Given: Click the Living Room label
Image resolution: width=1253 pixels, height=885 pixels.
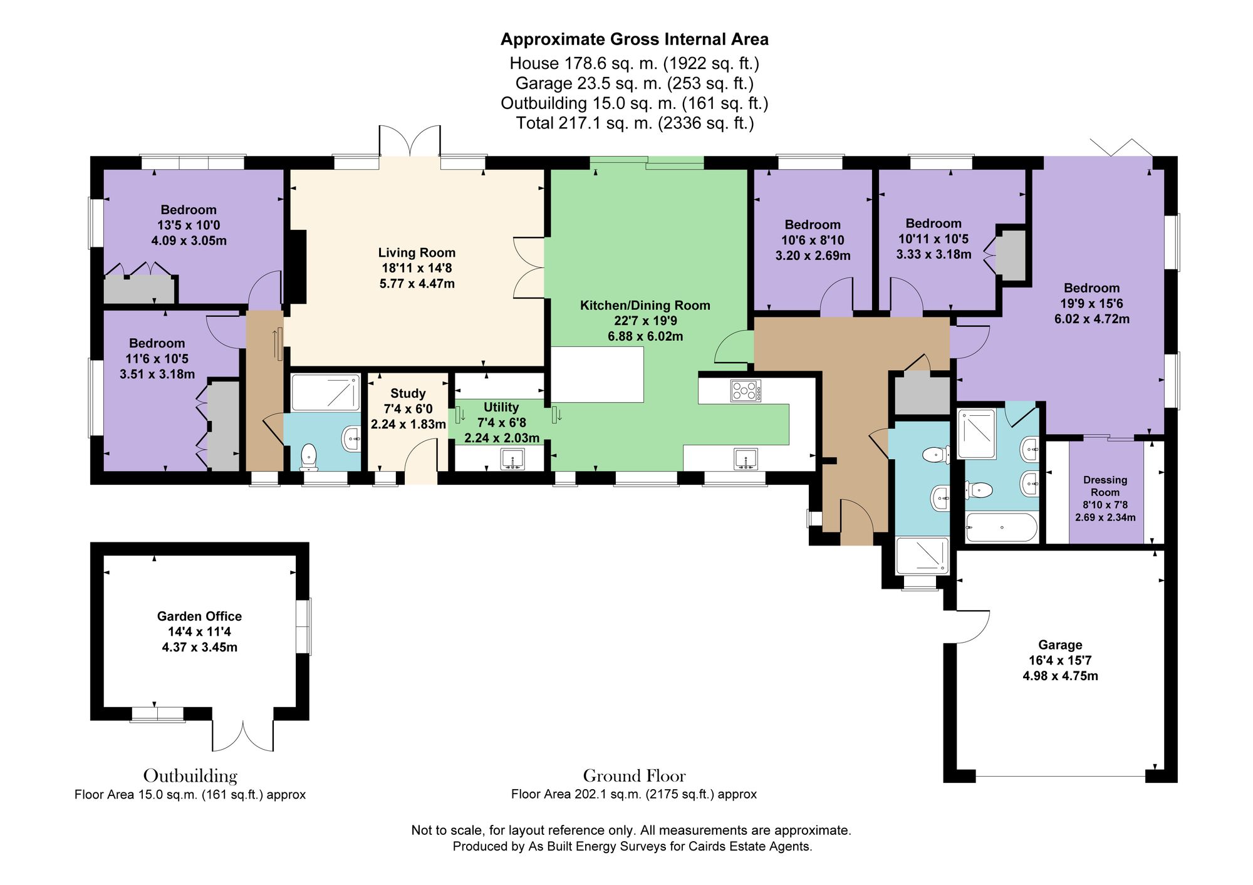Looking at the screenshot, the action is coord(417,252).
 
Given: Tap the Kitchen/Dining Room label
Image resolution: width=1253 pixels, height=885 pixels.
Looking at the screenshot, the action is coord(645,306).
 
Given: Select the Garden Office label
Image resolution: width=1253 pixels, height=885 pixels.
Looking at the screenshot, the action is coord(199,616).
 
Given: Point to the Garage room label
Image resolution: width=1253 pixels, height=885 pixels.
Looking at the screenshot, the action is coord(1060,645).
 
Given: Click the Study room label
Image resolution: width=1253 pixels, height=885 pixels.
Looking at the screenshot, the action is coord(408,393).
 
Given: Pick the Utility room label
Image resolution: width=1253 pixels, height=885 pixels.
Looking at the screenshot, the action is coord(501,407).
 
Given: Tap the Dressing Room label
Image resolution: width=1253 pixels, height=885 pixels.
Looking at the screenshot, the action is coord(1105,486).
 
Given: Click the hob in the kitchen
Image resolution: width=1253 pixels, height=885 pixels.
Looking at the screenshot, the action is coord(746,391).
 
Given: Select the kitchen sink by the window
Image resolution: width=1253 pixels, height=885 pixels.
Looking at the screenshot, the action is coord(746,459).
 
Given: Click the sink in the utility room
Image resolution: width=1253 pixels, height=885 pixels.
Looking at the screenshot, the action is coord(513,459).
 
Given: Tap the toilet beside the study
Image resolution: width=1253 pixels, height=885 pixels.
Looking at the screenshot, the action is coord(309,457).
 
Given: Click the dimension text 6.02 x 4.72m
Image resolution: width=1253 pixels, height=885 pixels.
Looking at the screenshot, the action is coord(1092,319).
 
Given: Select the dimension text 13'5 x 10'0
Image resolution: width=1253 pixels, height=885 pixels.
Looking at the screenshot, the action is coord(189,225).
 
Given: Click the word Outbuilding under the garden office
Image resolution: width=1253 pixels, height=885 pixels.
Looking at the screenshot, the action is coord(190,776).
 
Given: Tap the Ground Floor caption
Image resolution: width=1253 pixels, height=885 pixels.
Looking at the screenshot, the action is coord(634,776).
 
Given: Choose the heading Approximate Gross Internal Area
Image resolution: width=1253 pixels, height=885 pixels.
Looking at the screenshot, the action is coord(634,39).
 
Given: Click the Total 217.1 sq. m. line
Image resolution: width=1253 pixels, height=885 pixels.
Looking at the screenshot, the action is coord(634,123).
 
